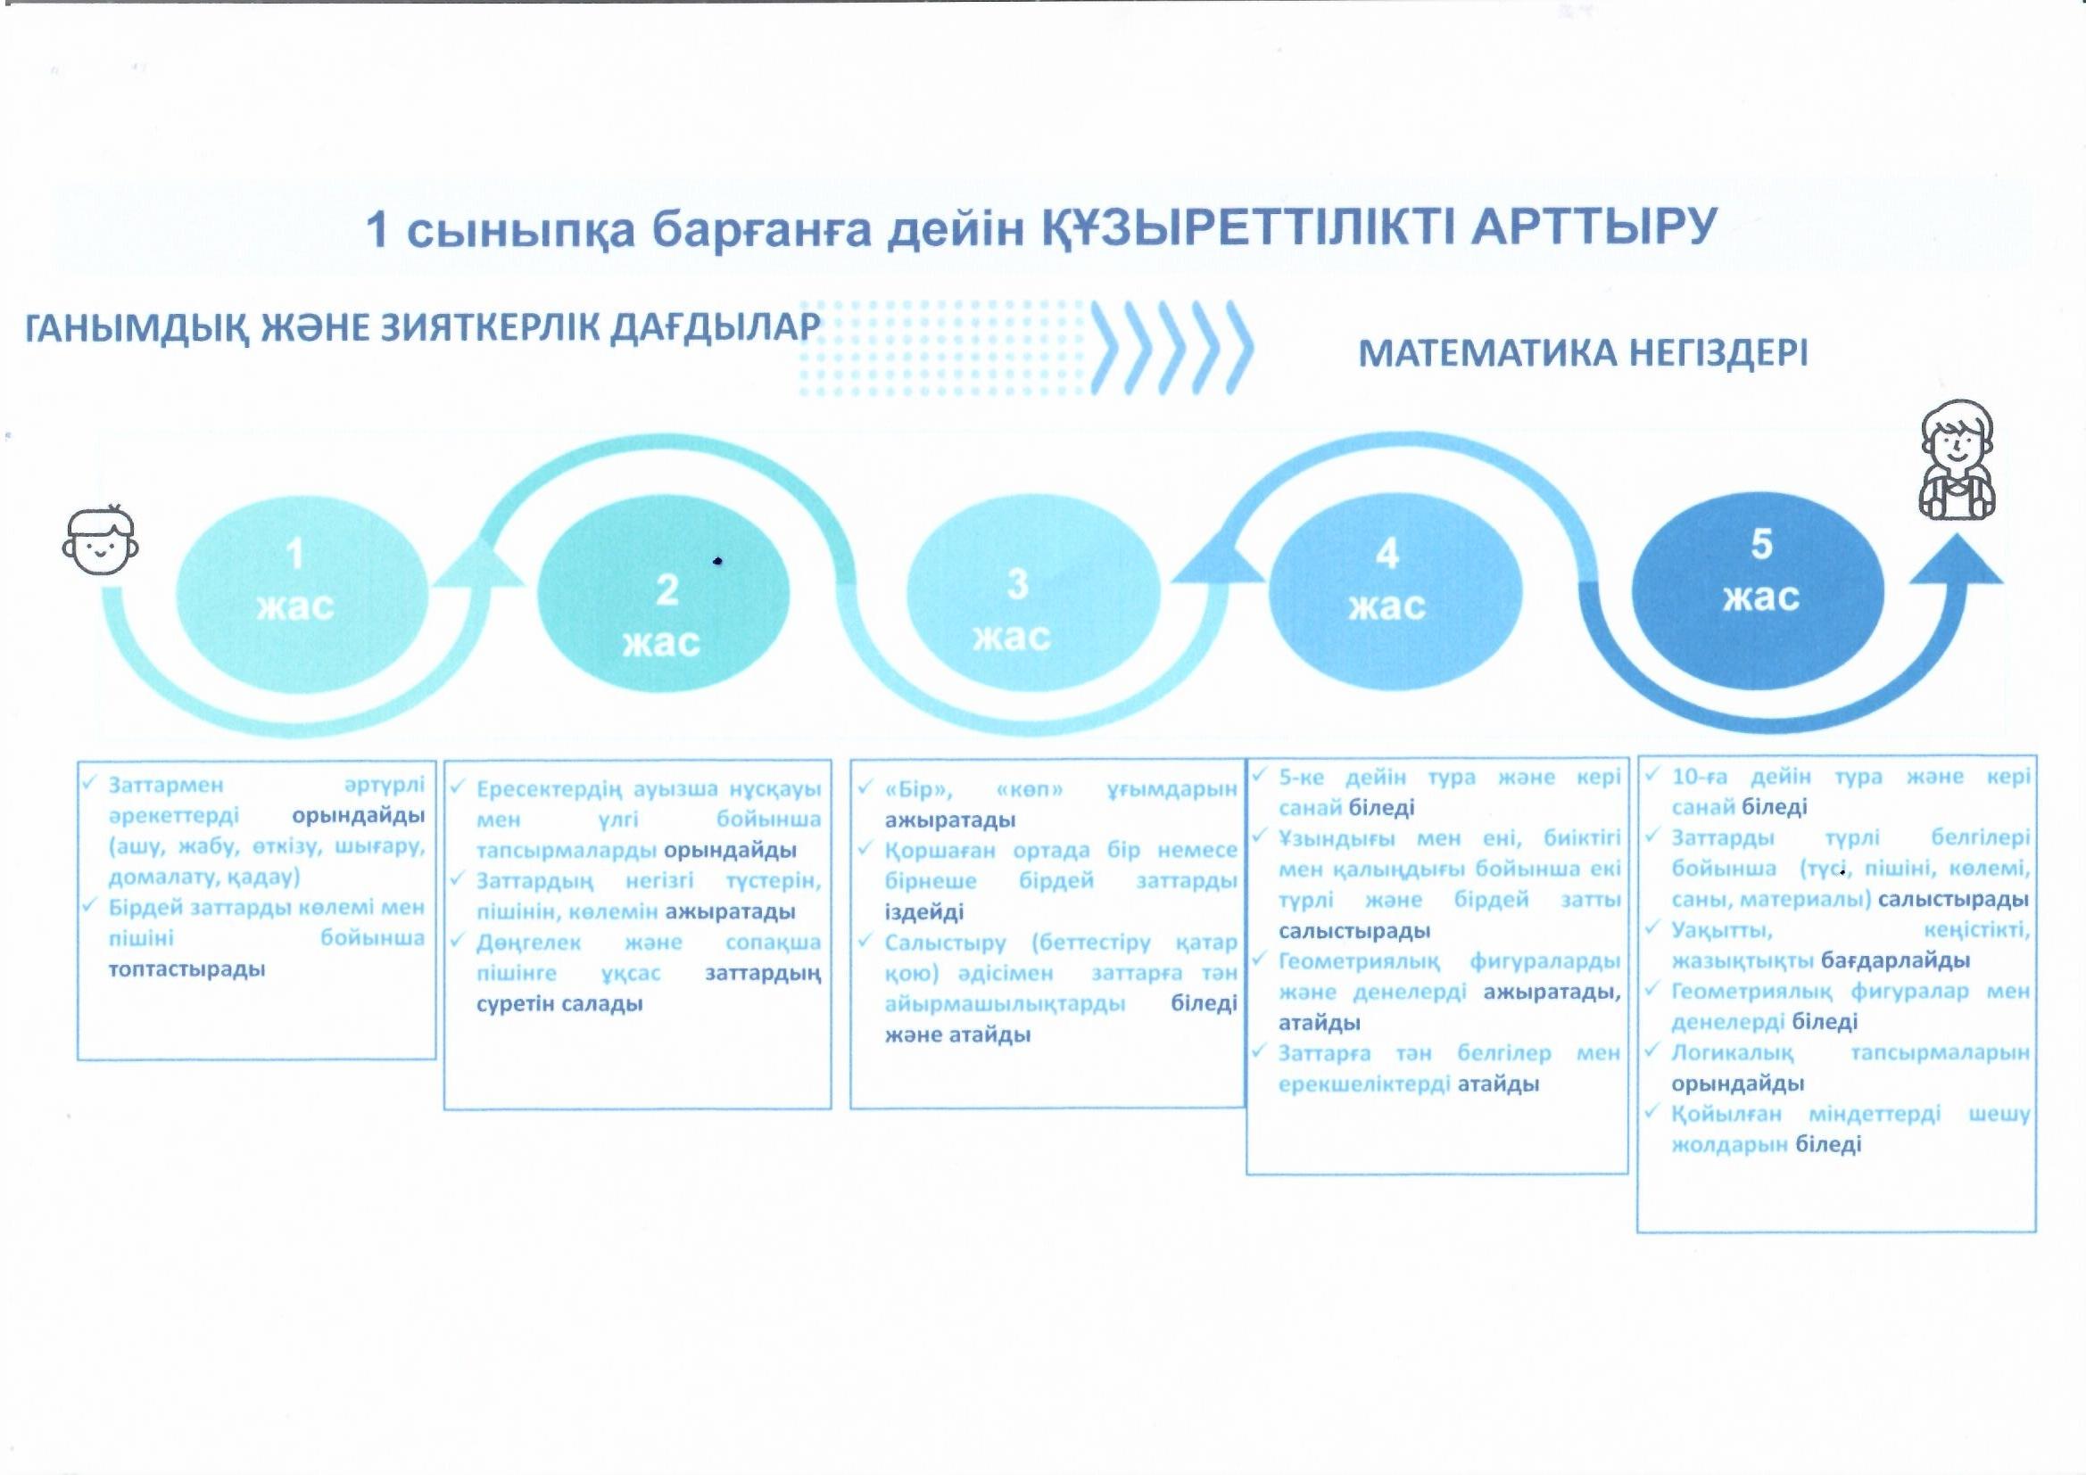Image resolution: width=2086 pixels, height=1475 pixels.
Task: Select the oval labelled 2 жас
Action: coord(663,595)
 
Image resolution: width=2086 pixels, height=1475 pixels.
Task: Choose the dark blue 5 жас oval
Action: coord(1759,591)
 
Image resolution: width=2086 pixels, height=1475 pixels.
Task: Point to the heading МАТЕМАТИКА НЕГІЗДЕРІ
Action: coord(1583,352)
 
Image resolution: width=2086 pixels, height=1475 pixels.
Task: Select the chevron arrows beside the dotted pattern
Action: coord(1172,348)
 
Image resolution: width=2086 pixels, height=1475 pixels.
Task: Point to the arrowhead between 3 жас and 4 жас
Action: coord(1219,556)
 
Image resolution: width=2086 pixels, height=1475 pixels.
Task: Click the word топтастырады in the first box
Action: coord(187,970)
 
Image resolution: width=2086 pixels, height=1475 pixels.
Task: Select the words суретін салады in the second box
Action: coord(559,1004)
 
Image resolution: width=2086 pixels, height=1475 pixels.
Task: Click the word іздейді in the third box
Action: coord(924,912)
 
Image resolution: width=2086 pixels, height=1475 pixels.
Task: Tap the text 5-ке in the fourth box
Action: coord(1301,778)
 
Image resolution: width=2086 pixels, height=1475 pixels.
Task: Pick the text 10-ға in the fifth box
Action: coord(1699,777)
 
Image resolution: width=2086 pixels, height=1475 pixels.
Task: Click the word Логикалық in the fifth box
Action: coord(1733,1053)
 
